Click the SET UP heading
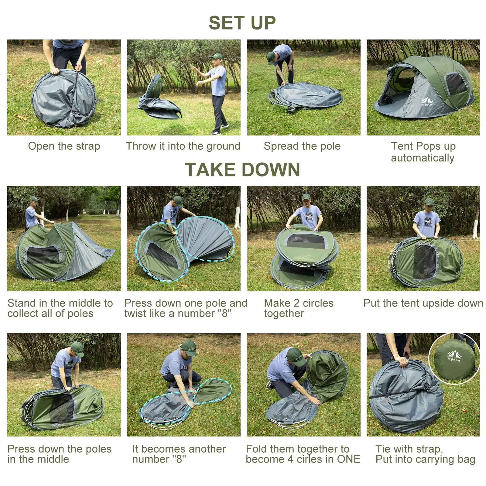click(242, 23)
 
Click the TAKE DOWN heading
click(242, 169)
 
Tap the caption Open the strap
click(64, 146)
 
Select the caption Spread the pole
click(302, 146)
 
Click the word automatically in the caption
click(422, 158)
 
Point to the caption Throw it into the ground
click(183, 146)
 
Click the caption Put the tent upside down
click(423, 303)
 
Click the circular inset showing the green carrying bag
click(454, 359)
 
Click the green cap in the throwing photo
click(217, 56)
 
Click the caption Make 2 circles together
click(299, 308)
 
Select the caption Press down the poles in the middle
click(60, 454)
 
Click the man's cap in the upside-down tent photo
click(429, 201)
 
